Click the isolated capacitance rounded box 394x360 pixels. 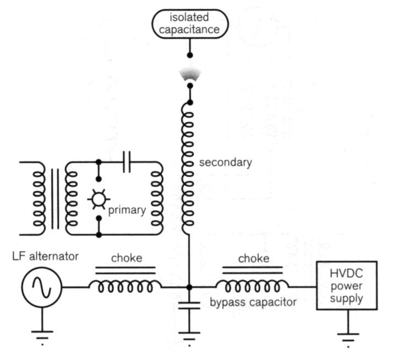189,24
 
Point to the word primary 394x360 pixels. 127,210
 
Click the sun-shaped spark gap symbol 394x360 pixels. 98,198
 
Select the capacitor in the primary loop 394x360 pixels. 127,163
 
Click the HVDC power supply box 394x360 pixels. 346,285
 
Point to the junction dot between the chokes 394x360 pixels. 189,287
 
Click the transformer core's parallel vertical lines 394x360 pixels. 55,198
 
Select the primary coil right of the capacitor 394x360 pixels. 156,198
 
